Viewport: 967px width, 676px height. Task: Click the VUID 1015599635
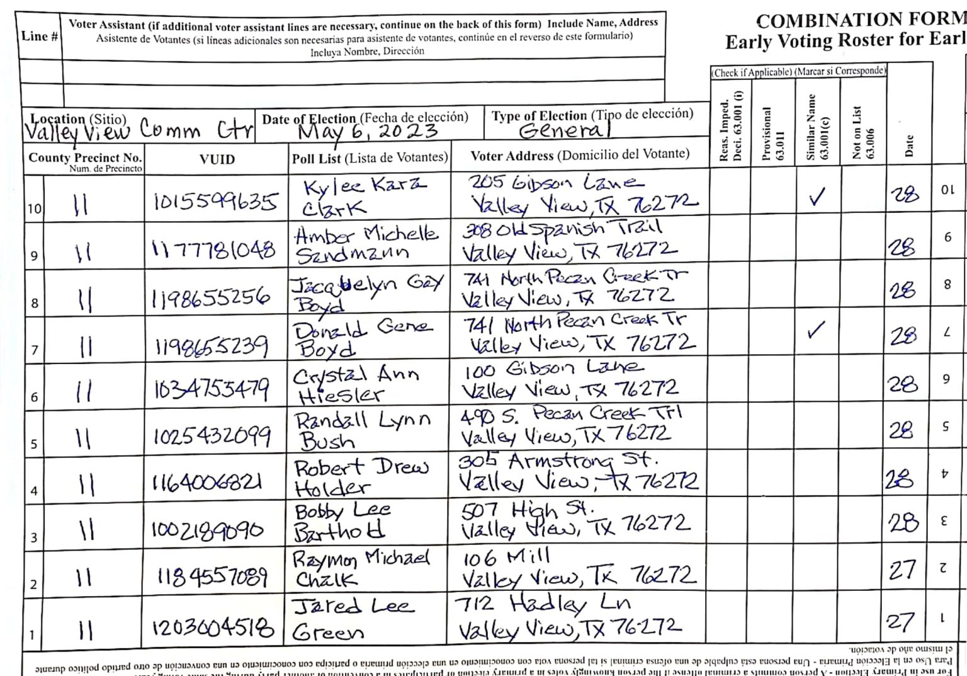pyautogui.click(x=215, y=201)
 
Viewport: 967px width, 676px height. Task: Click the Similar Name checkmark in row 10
pyautogui.click(x=817, y=197)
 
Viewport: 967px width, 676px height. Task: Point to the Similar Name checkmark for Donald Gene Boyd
pyautogui.click(x=816, y=329)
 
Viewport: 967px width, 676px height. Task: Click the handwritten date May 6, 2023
pyautogui.click(x=368, y=131)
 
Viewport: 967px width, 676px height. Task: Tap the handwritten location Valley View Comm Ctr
pyautogui.click(x=139, y=130)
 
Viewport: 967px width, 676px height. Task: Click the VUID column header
pyautogui.click(x=217, y=159)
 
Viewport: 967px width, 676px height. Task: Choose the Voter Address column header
pyautogui.click(x=579, y=155)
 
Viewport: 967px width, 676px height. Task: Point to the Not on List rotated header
pyautogui.click(x=862, y=132)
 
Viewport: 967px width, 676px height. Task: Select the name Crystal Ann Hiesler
pyautogui.click(x=356, y=384)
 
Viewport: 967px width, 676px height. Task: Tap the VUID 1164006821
pyautogui.click(x=206, y=483)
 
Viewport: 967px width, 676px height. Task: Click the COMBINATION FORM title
pyautogui.click(x=861, y=20)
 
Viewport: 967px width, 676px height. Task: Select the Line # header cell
pyautogui.click(x=39, y=37)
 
